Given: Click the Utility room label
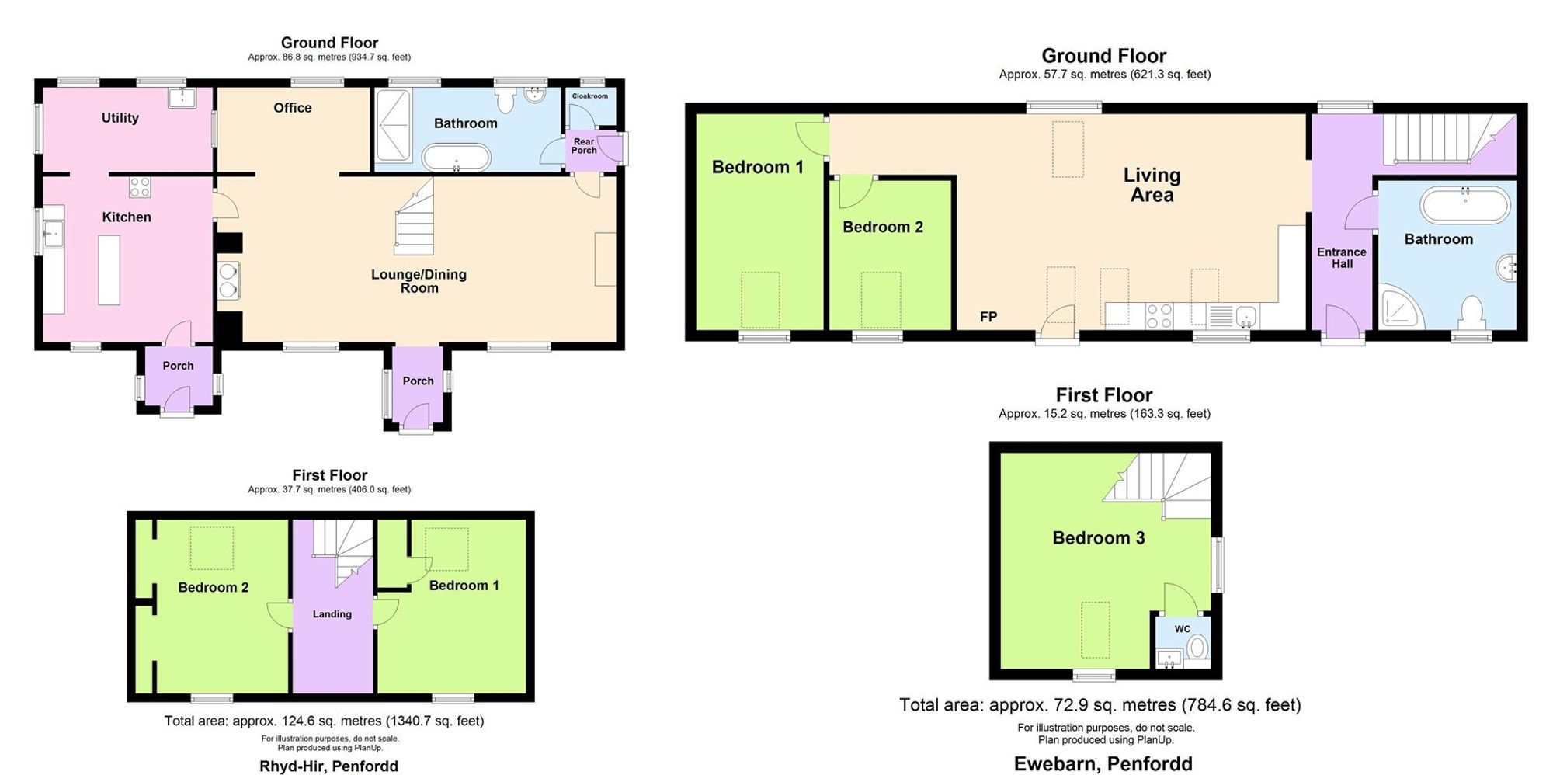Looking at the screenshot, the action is pyautogui.click(x=120, y=118).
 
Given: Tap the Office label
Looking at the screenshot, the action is pyautogui.click(x=293, y=108).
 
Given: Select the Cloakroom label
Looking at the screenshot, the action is pyautogui.click(x=590, y=96).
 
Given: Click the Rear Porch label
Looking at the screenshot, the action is pyautogui.click(x=584, y=145).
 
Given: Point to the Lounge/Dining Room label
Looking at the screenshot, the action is pyautogui.click(x=419, y=281).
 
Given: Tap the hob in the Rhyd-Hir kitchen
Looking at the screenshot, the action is pyautogui.click(x=140, y=186).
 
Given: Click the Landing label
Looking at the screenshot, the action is pyautogui.click(x=332, y=614).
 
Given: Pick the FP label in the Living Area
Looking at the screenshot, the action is pyautogui.click(x=988, y=317).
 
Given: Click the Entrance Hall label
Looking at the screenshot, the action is pyautogui.click(x=1342, y=258).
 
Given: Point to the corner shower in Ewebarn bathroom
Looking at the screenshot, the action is pyautogui.click(x=1401, y=308).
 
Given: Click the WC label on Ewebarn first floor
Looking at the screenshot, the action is pyautogui.click(x=1182, y=629).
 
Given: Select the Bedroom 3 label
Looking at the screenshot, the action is pyautogui.click(x=1099, y=538).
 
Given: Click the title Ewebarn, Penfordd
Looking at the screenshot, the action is pyautogui.click(x=1103, y=764).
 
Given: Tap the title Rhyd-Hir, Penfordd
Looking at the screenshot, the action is pyautogui.click(x=328, y=766).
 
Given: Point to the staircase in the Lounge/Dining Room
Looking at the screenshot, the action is pyautogui.click(x=414, y=217).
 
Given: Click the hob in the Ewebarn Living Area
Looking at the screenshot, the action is pyautogui.click(x=1159, y=315).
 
